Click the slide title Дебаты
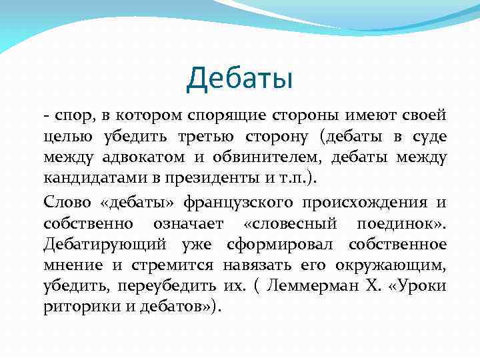coord(240,79)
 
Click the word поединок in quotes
coord(407,223)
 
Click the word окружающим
coord(389,265)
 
